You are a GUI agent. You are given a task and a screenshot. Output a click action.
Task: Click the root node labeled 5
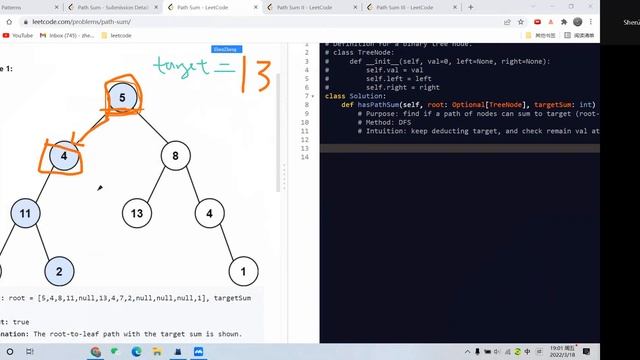click(122, 97)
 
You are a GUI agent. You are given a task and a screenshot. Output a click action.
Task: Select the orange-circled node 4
click(62, 156)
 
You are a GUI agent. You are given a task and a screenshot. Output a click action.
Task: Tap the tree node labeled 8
click(175, 156)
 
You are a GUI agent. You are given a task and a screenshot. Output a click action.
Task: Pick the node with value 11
click(26, 213)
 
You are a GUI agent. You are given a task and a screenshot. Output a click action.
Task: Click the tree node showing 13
click(137, 213)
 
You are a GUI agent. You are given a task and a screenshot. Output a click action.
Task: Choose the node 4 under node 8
click(209, 213)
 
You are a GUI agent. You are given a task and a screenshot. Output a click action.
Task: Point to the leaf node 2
click(59, 270)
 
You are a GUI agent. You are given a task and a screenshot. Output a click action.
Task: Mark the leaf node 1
click(243, 270)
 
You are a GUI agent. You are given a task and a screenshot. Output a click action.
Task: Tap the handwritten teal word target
click(186, 67)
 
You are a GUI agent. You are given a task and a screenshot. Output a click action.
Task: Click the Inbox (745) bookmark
click(70, 35)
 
